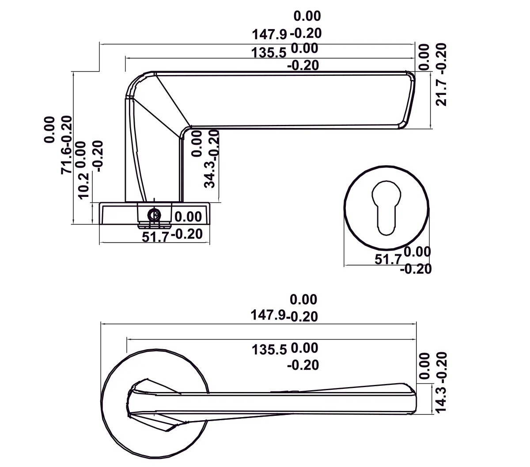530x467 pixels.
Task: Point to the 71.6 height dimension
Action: coord(66,158)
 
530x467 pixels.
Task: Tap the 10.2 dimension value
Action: coord(84,186)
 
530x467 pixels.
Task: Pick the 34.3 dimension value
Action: coord(211,177)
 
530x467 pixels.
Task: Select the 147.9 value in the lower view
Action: coord(268,315)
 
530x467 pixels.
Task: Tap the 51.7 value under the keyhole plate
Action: coord(388,259)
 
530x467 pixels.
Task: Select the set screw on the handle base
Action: coord(154,215)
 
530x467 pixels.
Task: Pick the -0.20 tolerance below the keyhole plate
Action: coord(416,269)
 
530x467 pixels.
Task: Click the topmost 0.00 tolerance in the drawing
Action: coord(307,16)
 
